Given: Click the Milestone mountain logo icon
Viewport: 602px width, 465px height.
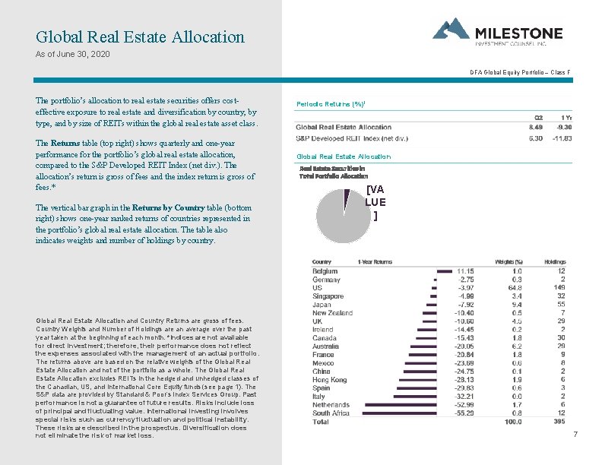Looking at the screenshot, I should [451, 29].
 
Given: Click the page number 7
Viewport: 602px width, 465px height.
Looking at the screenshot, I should [575, 434].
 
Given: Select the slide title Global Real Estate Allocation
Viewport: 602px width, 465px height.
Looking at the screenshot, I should [141, 36].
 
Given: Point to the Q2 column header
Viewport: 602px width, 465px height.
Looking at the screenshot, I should [539, 117].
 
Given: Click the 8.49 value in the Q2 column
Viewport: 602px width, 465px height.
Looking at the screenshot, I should [537, 127].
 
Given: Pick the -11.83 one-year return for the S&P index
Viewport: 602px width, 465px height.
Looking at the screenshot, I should [563, 138].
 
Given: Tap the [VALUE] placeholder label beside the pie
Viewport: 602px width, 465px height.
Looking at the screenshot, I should [375, 202].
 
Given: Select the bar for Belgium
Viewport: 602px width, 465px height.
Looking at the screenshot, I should [445, 270].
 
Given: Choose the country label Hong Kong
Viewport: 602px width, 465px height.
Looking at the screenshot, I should [329, 380].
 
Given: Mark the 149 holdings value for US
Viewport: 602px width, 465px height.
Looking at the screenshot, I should [559, 288].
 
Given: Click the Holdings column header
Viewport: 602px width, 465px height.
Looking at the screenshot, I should [555, 262].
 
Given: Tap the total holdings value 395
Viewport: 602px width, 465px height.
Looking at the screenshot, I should [559, 421].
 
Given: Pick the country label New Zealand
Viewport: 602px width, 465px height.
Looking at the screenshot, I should [332, 313].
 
